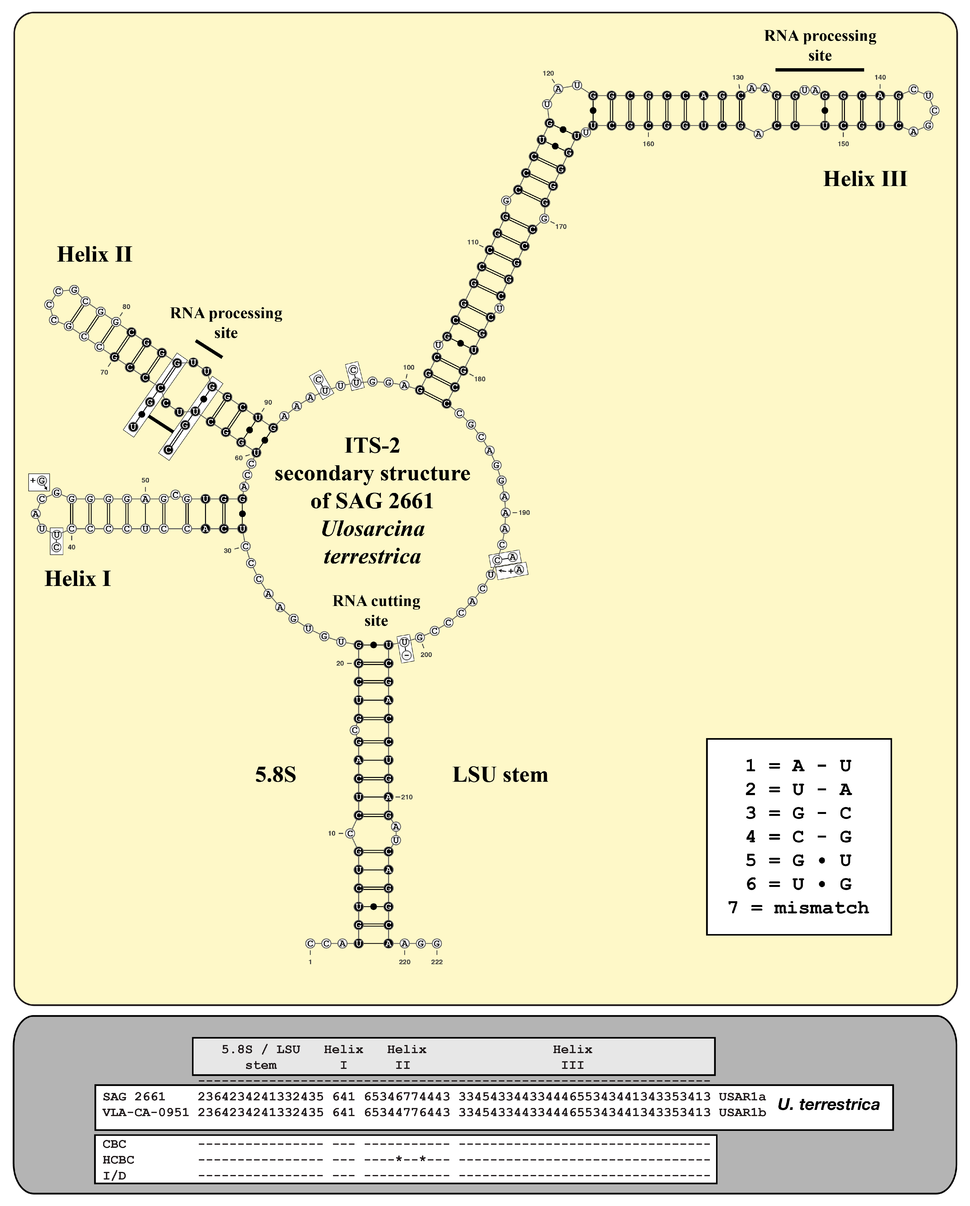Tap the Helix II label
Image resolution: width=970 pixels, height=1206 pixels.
pos(95,254)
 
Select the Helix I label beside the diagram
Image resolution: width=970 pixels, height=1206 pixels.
pos(78,578)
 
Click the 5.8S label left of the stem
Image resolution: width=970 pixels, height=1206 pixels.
pos(275,775)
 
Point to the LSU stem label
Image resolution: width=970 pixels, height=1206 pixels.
pos(500,775)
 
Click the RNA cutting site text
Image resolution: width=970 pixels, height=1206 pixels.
pos(376,610)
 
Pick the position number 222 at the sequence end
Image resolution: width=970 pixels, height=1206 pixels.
pos(437,962)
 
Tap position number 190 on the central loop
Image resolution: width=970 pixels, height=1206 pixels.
pos(524,512)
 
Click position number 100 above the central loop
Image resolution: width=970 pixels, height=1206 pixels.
pos(409,367)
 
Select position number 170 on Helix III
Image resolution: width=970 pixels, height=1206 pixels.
pos(561,227)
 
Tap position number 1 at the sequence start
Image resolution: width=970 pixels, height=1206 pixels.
pos(310,962)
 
